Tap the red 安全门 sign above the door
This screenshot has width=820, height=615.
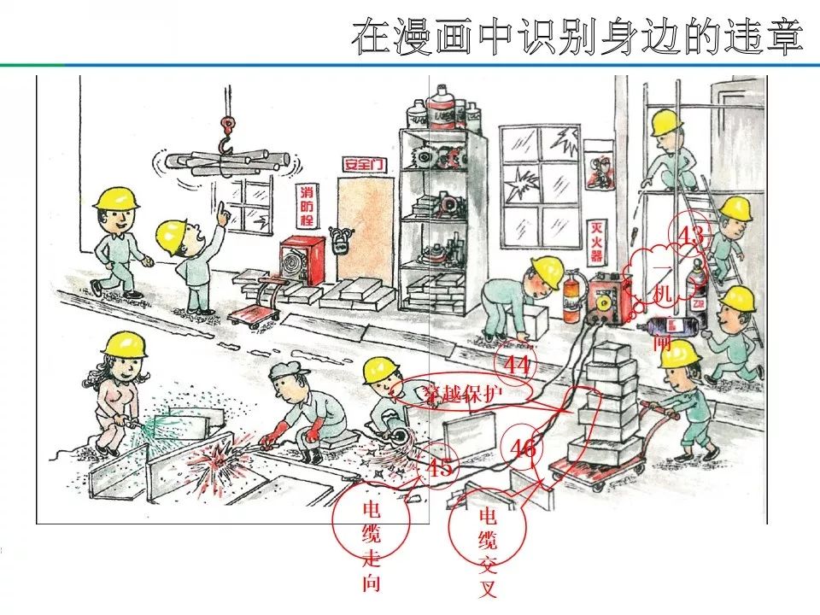[x=363, y=163]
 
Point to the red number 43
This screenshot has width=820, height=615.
[x=689, y=234]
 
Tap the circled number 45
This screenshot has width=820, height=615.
[x=440, y=467]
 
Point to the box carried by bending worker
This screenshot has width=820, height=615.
[x=536, y=323]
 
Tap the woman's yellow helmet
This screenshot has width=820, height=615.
[x=124, y=343]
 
